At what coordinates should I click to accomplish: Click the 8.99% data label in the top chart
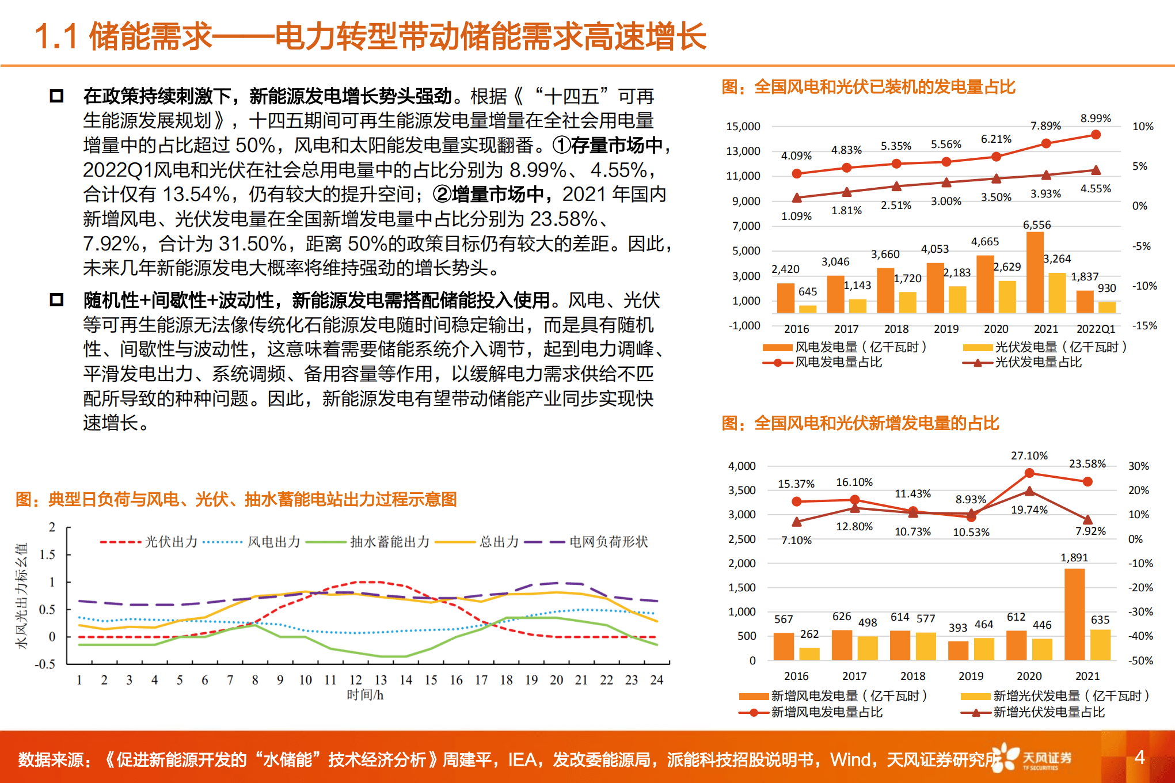click(1095, 119)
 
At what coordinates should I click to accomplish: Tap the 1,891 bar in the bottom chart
click(1074, 614)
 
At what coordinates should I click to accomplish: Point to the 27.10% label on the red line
click(1029, 456)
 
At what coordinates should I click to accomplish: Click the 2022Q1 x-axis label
click(1095, 329)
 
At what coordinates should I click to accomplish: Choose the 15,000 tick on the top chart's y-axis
click(743, 127)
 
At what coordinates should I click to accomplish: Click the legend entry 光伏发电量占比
click(1038, 363)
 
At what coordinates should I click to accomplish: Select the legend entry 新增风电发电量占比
click(826, 713)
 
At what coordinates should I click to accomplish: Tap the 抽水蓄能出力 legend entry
click(390, 542)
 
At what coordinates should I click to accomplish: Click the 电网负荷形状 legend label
click(608, 542)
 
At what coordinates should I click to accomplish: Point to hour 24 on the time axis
click(656, 680)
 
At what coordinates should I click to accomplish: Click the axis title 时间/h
click(365, 695)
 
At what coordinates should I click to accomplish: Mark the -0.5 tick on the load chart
click(45, 664)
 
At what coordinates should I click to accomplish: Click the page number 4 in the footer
click(1139, 757)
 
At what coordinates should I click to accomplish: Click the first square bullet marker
click(56, 96)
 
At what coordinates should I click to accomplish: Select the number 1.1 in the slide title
click(56, 37)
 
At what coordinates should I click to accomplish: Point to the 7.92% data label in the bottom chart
click(1090, 531)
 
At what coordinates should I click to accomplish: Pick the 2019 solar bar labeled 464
click(984, 648)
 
